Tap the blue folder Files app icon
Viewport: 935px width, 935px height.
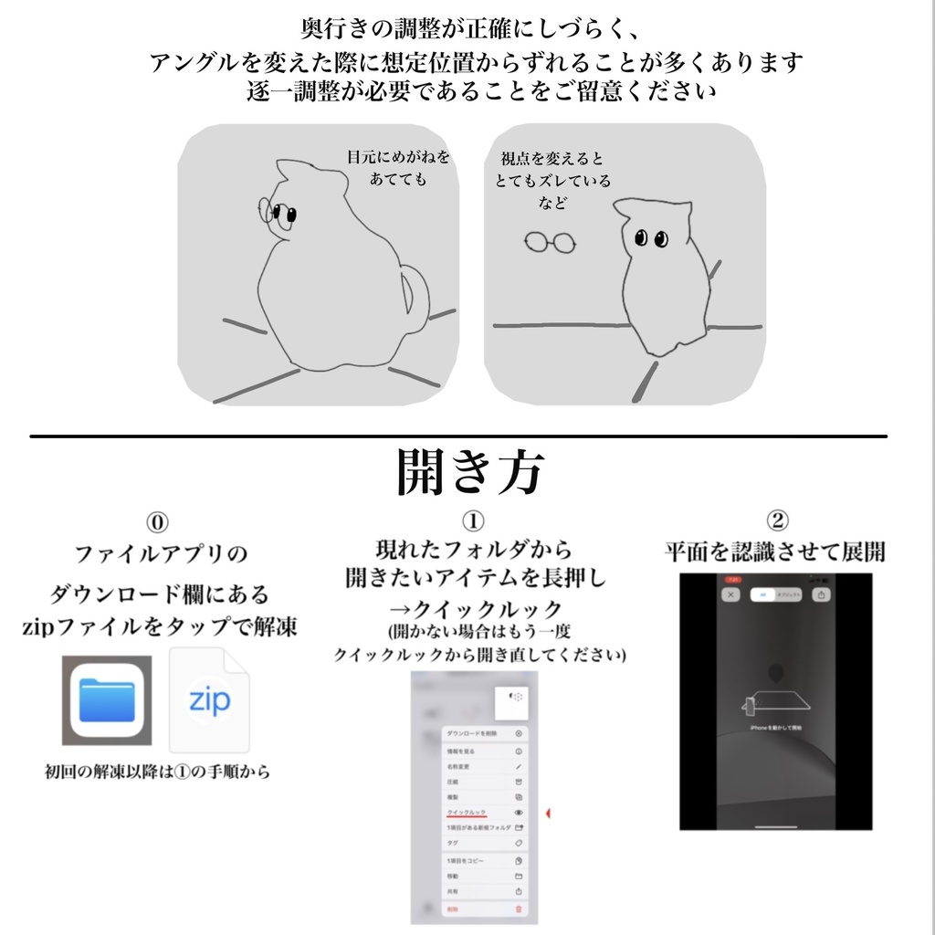click(107, 699)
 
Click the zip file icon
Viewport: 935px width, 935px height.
click(209, 699)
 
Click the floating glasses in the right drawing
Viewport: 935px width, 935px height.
click(550, 242)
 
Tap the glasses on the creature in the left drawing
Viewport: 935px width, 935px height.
click(278, 214)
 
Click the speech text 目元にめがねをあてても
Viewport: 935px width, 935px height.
click(398, 168)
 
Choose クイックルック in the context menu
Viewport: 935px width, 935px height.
click(467, 812)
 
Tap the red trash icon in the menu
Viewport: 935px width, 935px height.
click(519, 909)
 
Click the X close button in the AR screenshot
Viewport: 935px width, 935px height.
click(730, 594)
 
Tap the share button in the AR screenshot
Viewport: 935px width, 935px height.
click(822, 594)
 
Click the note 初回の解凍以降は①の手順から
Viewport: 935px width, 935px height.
click(158, 772)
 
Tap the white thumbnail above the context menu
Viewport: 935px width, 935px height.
click(514, 701)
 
